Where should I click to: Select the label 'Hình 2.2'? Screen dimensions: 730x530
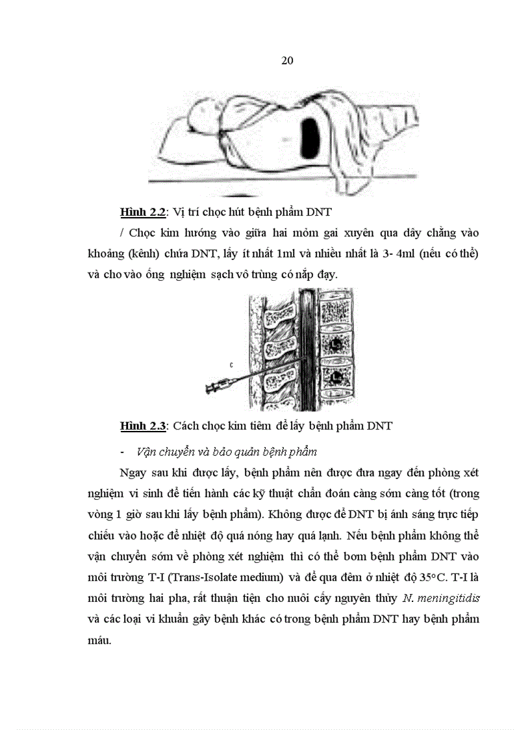(x=143, y=212)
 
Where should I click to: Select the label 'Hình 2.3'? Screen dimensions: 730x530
(x=143, y=426)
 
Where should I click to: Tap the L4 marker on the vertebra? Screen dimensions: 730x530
(x=337, y=377)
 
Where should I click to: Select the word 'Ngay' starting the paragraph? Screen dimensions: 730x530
(x=132, y=472)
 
